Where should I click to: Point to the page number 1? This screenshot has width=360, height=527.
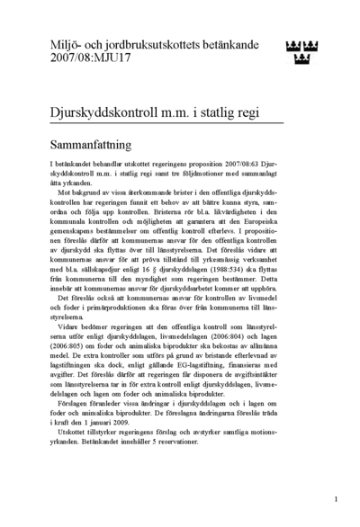[335, 496]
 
